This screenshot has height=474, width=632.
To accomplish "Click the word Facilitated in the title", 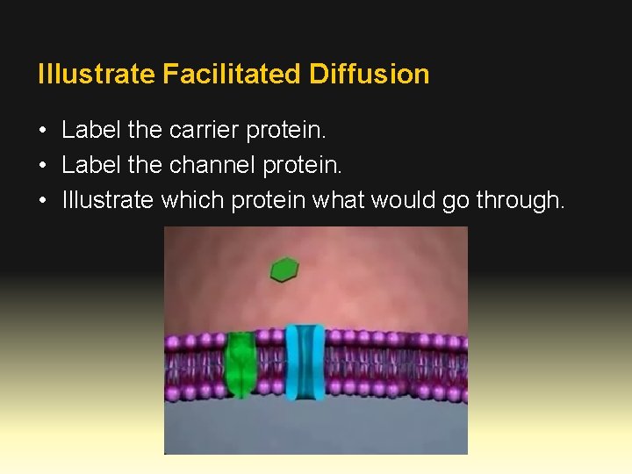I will click(233, 74).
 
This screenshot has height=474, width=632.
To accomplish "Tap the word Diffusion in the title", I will click(370, 74).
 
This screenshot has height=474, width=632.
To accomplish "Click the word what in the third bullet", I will click(339, 200).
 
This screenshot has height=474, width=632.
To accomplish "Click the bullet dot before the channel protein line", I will click(43, 166).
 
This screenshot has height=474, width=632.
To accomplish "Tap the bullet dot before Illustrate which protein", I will click(43, 201).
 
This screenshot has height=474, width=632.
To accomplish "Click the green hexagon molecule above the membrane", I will click(284, 269).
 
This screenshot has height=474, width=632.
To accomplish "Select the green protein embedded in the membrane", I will click(240, 363).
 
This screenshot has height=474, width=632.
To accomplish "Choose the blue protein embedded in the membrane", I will click(305, 362).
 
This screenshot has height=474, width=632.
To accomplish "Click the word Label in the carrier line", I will click(92, 131).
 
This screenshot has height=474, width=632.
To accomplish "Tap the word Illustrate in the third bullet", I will click(109, 200).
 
